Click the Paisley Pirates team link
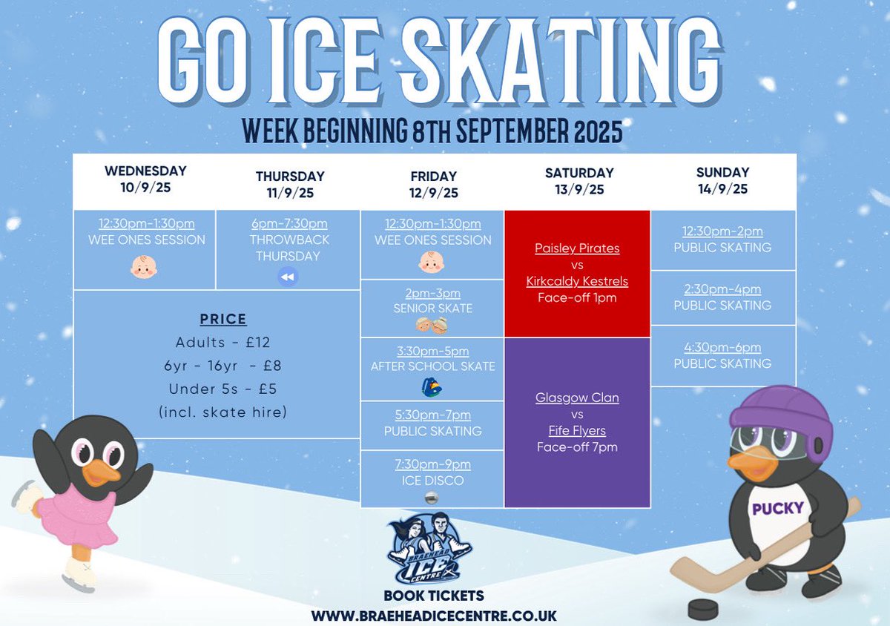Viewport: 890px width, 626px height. coord(577,248)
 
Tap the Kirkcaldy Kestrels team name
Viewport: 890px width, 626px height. coord(577,281)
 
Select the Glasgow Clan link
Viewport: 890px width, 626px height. coord(577,398)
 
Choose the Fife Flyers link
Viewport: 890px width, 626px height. coord(577,430)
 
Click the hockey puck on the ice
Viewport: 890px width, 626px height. coord(703,608)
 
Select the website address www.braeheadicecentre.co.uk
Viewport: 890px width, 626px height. coord(434,616)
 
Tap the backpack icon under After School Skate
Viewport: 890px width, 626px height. coord(433,386)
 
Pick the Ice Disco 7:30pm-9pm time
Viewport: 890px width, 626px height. coord(433,464)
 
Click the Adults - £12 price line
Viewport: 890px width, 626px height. coord(222,343)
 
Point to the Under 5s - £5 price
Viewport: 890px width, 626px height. coord(222,389)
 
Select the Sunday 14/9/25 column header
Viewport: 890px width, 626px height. coord(722,180)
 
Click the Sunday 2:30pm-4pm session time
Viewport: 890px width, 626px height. coord(722,289)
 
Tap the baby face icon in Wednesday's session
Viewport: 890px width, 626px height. coord(144,267)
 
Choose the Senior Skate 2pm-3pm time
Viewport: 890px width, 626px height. coord(433,293)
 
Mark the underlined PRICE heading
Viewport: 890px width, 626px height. coord(222,320)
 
